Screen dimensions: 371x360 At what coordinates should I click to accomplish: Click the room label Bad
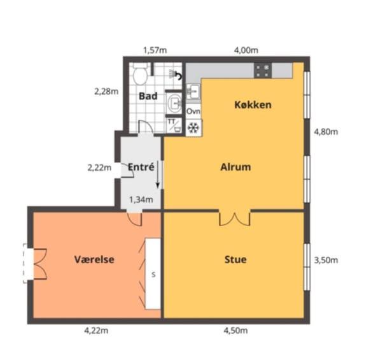[148, 96]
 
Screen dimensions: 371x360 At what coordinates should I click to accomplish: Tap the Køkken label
[253, 104]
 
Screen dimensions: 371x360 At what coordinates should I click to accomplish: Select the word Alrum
[235, 167]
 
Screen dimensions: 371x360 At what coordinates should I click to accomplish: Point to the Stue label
[235, 259]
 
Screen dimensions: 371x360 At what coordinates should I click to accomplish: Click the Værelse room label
[94, 259]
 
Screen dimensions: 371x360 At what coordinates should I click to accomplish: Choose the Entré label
[141, 167]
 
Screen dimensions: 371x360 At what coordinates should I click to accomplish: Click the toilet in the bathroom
[140, 73]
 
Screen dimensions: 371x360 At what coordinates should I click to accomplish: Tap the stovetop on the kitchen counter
[263, 70]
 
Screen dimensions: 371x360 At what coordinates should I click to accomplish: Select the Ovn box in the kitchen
[193, 111]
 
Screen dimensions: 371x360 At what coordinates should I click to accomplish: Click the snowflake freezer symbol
[193, 128]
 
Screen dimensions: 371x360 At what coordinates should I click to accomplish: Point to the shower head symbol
[176, 74]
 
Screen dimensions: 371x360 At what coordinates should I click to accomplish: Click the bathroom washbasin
[174, 103]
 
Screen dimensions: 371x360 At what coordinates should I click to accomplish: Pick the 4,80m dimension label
[326, 132]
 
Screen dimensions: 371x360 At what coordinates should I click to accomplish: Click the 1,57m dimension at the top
[155, 50]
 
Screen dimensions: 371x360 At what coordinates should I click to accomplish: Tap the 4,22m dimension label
[96, 331]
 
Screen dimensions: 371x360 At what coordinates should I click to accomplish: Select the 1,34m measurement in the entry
[141, 199]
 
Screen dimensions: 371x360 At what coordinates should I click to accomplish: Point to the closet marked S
[153, 273]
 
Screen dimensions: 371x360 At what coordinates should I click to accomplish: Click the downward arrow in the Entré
[158, 175]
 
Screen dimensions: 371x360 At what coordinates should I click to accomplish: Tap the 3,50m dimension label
[326, 260]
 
